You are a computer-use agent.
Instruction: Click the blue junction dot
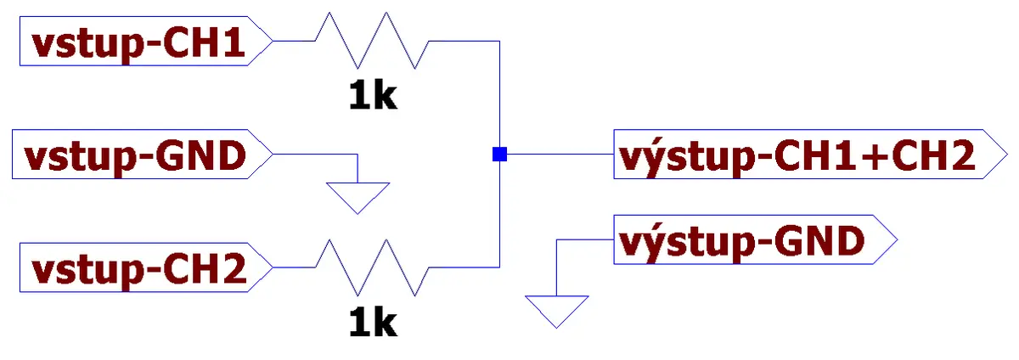tap(499, 155)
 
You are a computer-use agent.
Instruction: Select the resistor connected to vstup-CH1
tap(372, 41)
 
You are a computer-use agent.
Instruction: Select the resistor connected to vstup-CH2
tap(372, 267)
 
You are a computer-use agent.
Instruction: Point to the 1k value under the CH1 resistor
tap(373, 96)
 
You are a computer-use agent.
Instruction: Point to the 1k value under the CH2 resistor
tap(373, 323)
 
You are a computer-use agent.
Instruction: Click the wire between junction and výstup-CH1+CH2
tap(560, 154)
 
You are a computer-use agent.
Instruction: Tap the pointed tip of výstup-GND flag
tap(898, 239)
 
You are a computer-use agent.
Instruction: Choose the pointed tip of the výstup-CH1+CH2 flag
tap(1008, 154)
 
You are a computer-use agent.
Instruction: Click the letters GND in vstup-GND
tap(200, 155)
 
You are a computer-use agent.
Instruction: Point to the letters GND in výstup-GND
tap(819, 241)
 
